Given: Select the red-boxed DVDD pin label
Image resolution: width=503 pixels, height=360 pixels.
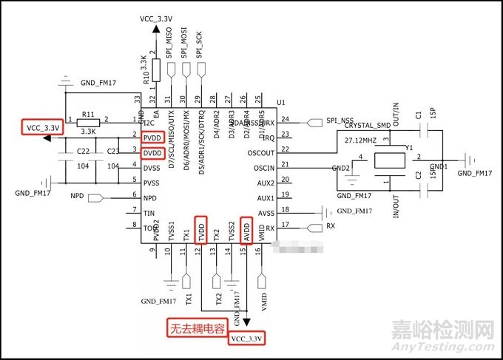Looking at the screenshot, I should pos(152,152).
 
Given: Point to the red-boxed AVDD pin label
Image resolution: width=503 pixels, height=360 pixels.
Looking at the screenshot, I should pos(246,229).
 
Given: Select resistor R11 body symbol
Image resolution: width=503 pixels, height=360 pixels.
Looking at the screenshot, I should pos(90,120).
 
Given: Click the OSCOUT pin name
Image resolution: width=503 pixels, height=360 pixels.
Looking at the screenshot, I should pos(258,153).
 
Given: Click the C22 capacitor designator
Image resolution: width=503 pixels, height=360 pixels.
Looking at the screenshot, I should pos(83,151).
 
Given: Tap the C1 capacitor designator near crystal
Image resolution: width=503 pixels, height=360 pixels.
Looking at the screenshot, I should pos(419,116).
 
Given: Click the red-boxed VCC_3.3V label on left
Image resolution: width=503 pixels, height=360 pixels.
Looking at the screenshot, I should pos(42,127).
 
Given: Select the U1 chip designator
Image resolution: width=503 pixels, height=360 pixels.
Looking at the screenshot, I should pos(280,101).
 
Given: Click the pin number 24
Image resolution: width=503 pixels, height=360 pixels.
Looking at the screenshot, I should pos(285,120).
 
